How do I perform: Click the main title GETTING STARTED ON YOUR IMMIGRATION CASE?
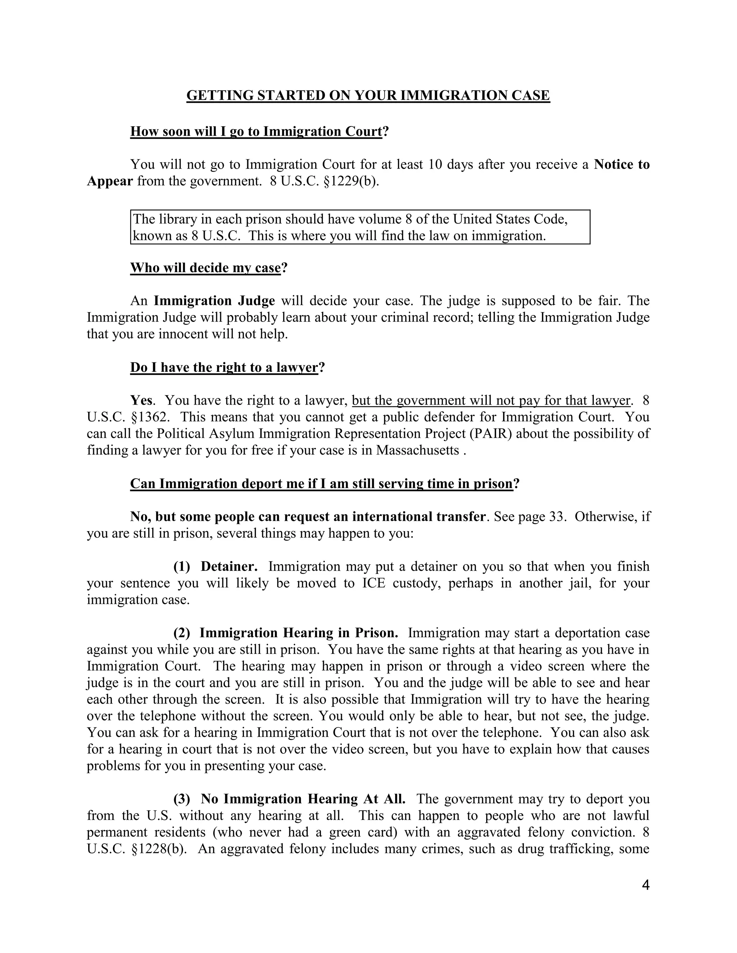[x=368, y=96]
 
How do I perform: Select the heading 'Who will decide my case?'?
[x=209, y=268]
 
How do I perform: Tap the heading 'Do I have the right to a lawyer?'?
[x=227, y=368]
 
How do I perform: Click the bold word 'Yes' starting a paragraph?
[x=141, y=401]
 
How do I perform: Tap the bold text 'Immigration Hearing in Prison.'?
[x=299, y=633]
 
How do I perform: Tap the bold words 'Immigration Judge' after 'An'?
[x=214, y=301]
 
